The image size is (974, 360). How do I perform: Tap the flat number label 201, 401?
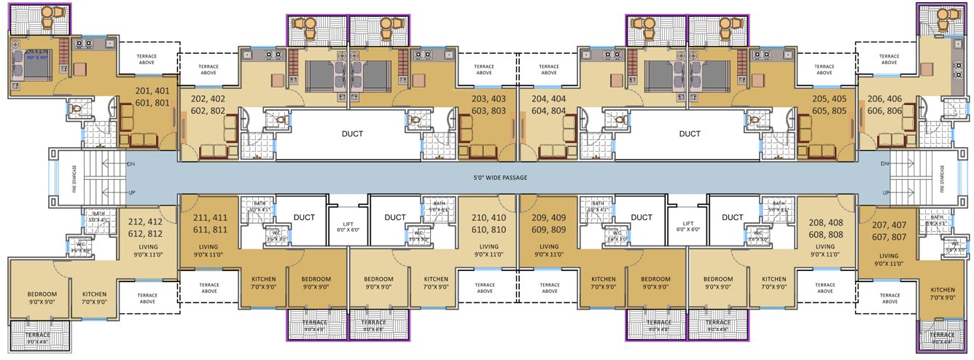point(157,90)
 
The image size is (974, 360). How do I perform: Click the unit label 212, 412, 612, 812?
point(145,227)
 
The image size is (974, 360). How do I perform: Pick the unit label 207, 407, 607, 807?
point(888,222)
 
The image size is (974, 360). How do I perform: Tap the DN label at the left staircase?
point(131,163)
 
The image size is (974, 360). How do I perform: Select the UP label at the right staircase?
point(886,192)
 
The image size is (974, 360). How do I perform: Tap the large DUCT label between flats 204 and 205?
point(690,134)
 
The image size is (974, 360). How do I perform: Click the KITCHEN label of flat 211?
point(263,283)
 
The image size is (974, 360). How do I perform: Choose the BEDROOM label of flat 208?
point(717,283)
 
